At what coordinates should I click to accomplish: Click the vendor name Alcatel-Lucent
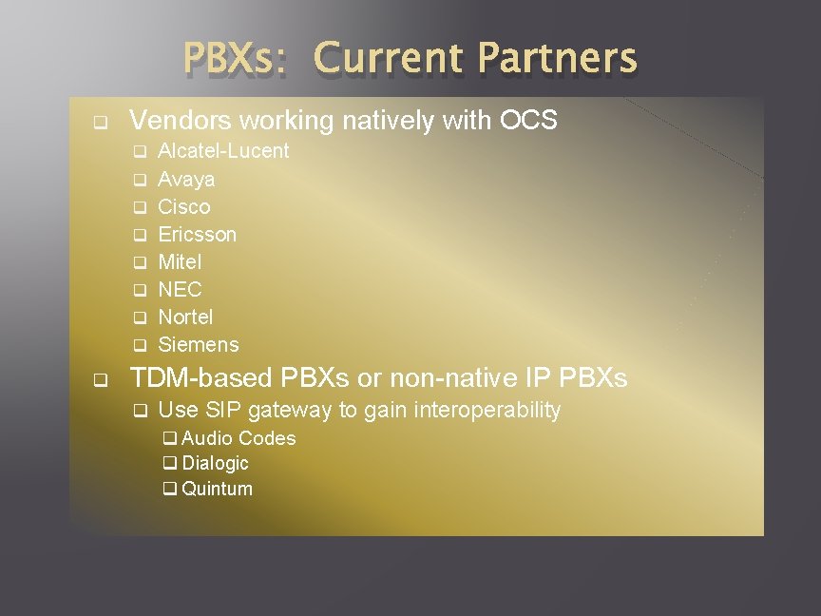click(223, 151)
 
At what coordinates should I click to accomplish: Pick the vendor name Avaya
click(186, 179)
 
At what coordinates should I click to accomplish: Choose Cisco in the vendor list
click(184, 206)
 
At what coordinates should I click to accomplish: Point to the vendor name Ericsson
click(198, 234)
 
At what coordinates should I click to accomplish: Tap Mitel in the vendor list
click(180, 261)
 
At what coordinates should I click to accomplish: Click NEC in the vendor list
click(180, 289)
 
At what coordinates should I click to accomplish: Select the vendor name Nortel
click(185, 317)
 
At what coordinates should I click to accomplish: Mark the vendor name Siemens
click(199, 344)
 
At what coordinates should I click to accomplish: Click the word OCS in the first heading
click(528, 121)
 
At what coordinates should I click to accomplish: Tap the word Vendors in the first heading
click(181, 121)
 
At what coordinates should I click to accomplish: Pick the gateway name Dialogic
click(215, 463)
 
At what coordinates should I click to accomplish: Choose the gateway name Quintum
click(217, 489)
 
